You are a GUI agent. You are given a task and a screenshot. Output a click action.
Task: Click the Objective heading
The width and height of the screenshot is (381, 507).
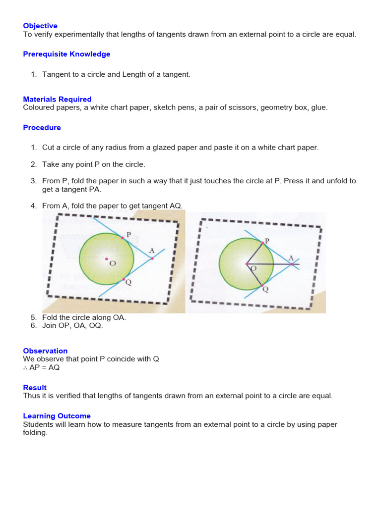pyautogui.click(x=40, y=26)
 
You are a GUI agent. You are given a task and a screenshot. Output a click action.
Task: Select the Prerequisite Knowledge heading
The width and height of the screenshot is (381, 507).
pyautogui.click(x=66, y=54)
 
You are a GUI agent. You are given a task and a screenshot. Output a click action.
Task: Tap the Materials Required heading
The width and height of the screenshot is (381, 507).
pyautogui.click(x=57, y=99)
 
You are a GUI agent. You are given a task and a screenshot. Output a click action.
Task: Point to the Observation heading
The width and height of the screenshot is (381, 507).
pyautogui.click(x=45, y=351)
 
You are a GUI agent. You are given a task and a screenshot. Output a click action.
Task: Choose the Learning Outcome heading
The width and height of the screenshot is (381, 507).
pyautogui.click(x=57, y=416)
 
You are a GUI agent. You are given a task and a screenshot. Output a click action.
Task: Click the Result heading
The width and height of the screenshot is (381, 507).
pyautogui.click(x=35, y=387)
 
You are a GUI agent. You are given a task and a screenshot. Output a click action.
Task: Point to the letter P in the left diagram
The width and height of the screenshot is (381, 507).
pyautogui.click(x=128, y=235)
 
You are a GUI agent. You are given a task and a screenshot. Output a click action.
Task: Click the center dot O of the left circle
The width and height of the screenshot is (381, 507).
pyautogui.click(x=106, y=258)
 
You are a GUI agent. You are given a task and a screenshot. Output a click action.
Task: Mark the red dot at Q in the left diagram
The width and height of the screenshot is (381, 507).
pyautogui.click(x=124, y=279)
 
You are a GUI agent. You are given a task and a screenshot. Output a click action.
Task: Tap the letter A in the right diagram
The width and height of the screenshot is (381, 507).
pyautogui.click(x=291, y=257)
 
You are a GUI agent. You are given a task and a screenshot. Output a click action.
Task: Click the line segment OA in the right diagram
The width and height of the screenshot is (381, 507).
pyautogui.click(x=270, y=264)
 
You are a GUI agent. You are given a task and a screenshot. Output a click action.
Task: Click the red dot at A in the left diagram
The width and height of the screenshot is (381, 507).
pyautogui.click(x=152, y=258)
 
